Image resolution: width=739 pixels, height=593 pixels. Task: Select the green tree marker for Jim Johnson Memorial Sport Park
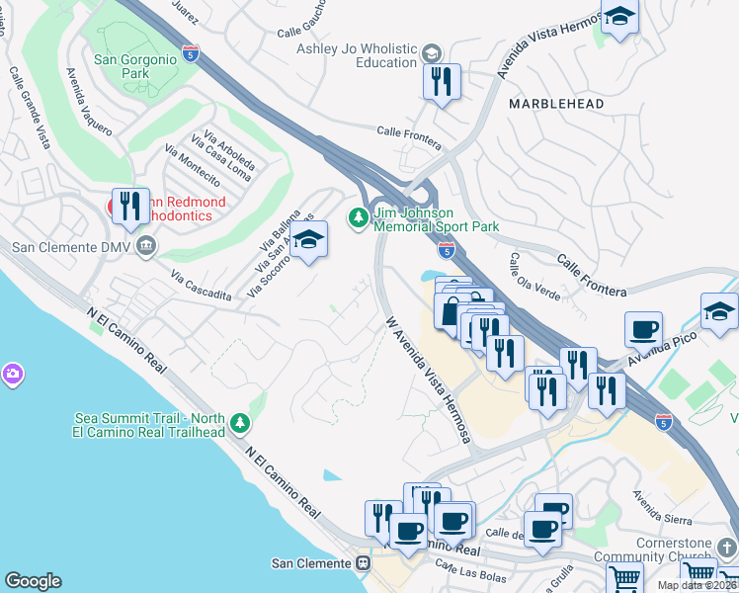click(x=359, y=216)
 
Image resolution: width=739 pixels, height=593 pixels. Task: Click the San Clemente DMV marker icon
click(x=147, y=245)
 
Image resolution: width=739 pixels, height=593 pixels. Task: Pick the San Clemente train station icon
click(x=363, y=563)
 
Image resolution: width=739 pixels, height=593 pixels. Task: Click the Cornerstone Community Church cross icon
click(x=726, y=547)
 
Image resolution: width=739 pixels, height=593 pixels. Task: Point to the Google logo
click(x=33, y=581)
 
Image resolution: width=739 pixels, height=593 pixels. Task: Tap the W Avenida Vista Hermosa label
click(x=427, y=378)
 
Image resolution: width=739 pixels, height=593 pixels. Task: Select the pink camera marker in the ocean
click(x=13, y=374)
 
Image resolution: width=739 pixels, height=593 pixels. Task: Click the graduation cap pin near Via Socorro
click(x=308, y=239)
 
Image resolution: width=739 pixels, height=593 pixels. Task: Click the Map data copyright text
click(x=698, y=585)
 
